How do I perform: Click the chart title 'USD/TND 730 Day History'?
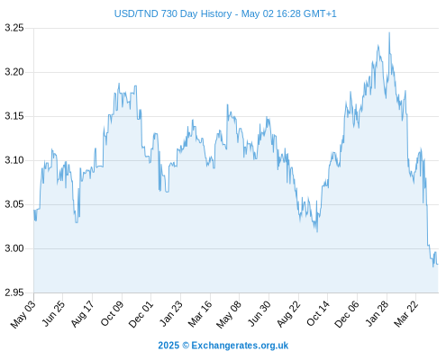click(x=173, y=13)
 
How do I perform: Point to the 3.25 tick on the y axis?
click(x=14, y=28)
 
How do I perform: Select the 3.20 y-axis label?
click(x=14, y=72)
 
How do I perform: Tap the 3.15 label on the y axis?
click(x=14, y=116)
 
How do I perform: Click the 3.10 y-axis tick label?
click(x=14, y=160)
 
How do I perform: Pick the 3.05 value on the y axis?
click(x=14, y=204)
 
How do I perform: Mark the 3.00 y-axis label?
click(x=14, y=248)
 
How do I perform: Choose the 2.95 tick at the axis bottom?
click(x=14, y=292)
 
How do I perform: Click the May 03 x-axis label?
click(x=23, y=314)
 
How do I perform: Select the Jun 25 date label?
click(x=52, y=314)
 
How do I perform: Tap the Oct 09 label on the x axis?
click(x=112, y=314)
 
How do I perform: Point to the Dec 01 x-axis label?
click(x=141, y=314)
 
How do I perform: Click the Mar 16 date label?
click(x=200, y=314)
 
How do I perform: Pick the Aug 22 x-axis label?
click(x=288, y=314)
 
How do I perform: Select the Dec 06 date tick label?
click(x=346, y=314)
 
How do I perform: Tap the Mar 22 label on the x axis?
click(x=405, y=314)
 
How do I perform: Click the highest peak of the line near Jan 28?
click(x=389, y=32)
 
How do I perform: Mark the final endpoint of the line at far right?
click(x=438, y=265)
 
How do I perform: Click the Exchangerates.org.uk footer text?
click(x=240, y=346)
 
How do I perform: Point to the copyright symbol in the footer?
click(x=186, y=346)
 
